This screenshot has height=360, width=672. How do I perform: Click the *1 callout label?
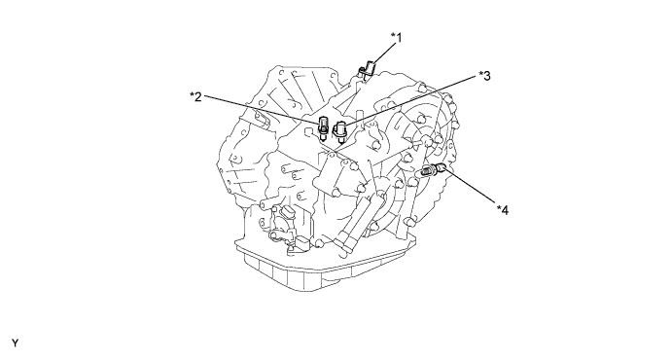[397, 38]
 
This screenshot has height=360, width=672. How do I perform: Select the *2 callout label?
[195, 96]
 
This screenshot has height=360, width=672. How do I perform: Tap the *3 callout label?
[484, 76]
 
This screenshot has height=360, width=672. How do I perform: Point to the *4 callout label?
[503, 209]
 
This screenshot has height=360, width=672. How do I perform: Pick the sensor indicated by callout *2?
[324, 127]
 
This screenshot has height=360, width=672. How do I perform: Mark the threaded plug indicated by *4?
[434, 170]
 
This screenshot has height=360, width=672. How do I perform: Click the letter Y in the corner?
[15, 343]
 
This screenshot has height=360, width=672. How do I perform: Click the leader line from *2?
[264, 110]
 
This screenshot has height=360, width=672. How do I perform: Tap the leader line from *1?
[381, 54]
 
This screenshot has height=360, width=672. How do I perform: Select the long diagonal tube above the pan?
[359, 223]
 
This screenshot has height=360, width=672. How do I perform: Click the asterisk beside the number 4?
[499, 207]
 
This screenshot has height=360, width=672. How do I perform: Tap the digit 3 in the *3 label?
[487, 76]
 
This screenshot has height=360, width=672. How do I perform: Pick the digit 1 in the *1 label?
[400, 38]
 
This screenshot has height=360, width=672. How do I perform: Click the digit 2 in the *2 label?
[198, 97]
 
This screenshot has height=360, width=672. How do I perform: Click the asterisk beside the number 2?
[193, 94]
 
